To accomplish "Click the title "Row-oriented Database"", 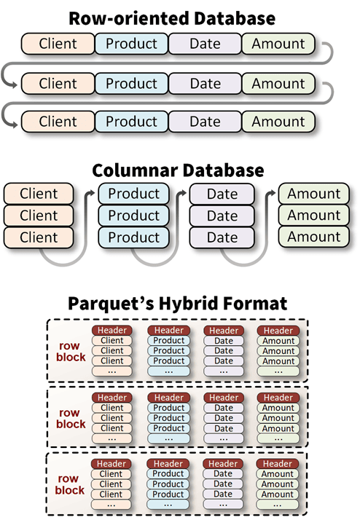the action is coord(172,18).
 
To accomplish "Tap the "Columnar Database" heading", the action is coord(178,170).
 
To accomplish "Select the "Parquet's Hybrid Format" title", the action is coord(178,304).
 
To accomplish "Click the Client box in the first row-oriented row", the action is coord(58,44).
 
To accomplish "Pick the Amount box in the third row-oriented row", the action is coord(278,122).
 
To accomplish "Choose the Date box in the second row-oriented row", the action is coord(205,83).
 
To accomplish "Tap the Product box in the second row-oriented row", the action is coord(131,83).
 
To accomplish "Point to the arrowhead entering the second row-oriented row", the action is coord(15,85).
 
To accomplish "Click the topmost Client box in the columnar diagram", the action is coord(39,193).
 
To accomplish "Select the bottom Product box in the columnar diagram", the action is coord(133,237).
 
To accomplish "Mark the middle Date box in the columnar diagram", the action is coord(222,216).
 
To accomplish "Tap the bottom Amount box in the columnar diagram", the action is coord(314,237).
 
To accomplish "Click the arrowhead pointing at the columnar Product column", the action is coord(92,193).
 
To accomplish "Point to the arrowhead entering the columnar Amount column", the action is coord(272,193).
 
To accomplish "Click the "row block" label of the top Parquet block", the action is coord(71,351).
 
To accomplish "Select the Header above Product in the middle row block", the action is coord(169,398).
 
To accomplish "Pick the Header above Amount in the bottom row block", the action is coord(278,464).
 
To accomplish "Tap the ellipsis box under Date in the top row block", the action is coord(224,371).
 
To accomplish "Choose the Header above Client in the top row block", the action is coord(112,331).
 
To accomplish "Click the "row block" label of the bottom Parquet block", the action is coord(69,484).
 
